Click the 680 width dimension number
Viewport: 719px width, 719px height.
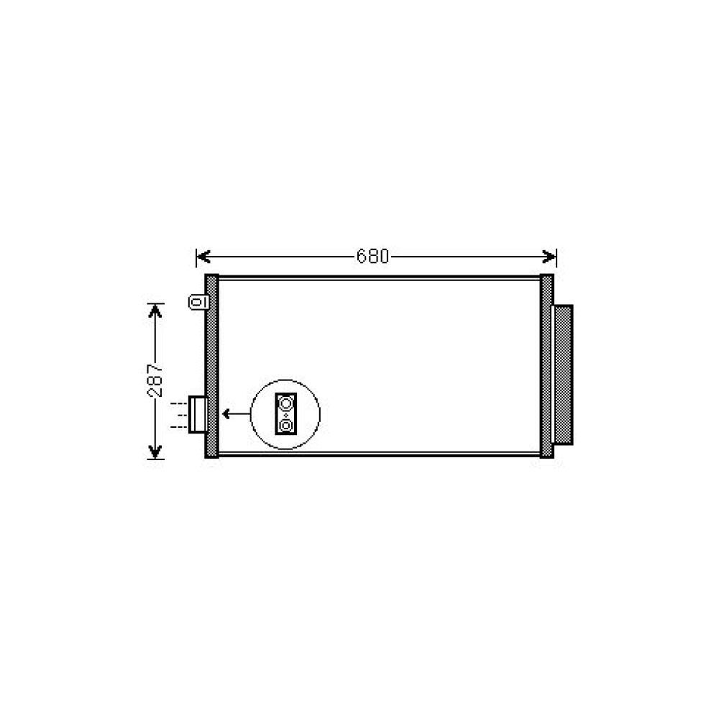point(372,256)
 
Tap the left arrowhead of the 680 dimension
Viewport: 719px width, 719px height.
point(201,256)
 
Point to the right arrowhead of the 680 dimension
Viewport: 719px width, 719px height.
point(551,256)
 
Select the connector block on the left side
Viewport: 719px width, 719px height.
point(198,415)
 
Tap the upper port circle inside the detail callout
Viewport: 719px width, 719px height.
point(286,403)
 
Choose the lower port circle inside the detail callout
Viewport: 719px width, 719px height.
point(286,426)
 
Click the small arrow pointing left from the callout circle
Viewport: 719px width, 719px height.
point(232,413)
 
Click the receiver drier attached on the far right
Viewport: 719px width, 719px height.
point(562,374)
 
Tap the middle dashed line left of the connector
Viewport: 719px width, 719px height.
point(178,416)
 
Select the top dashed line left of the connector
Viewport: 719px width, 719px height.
point(178,404)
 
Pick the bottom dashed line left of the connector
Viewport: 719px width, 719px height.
point(178,427)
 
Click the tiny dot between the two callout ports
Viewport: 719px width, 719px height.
point(286,415)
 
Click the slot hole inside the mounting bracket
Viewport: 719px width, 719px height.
point(195,302)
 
